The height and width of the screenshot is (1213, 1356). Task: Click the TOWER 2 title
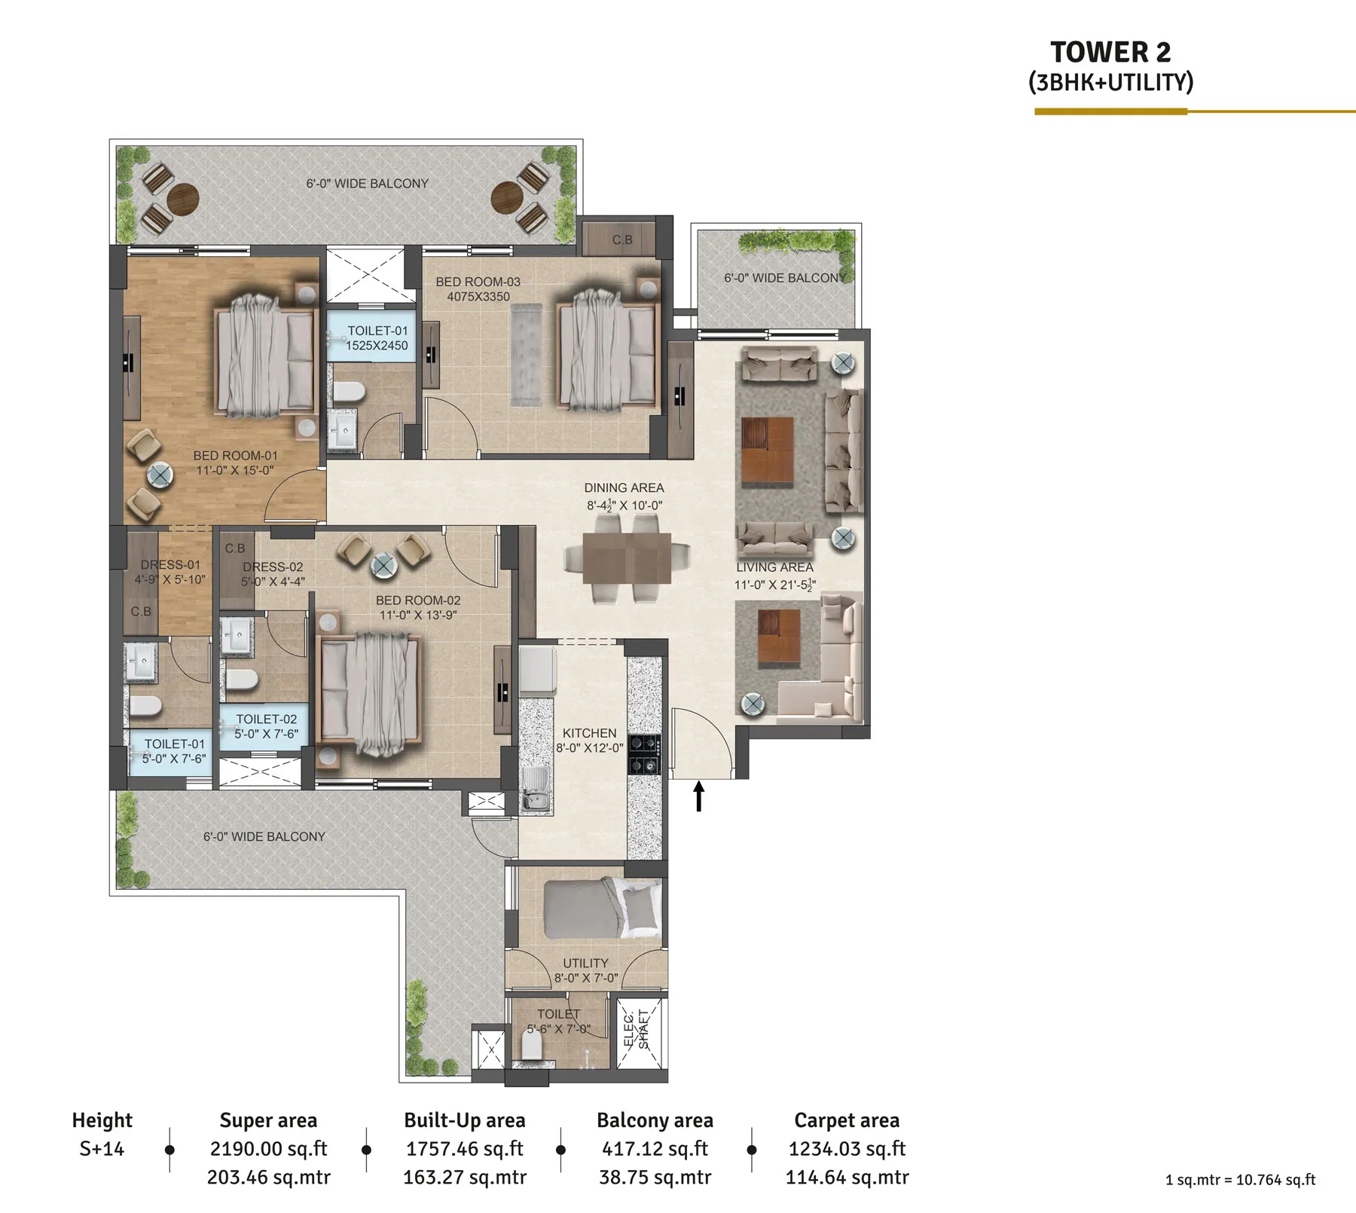[1110, 52]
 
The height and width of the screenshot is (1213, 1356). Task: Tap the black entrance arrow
[699, 796]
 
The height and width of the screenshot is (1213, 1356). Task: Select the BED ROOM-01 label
[235, 456]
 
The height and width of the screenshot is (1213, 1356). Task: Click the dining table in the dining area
[627, 558]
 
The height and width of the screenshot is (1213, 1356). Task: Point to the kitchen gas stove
[645, 754]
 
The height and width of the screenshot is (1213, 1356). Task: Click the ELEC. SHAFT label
[637, 1029]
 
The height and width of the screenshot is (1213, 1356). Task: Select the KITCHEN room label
[589, 733]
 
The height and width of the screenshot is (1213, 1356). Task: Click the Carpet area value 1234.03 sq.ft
[847, 1149]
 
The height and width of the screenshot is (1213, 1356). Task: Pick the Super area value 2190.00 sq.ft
[268, 1149]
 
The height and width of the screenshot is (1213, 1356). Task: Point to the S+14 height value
[102, 1149]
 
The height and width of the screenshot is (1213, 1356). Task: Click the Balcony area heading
[655, 1120]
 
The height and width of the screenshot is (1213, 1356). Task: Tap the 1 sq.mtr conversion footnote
[1240, 1180]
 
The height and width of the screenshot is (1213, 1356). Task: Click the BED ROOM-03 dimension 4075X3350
[478, 297]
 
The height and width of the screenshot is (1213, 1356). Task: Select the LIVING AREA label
[774, 567]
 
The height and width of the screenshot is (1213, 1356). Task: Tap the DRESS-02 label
[273, 567]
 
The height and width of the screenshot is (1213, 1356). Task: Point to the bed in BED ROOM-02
[369, 693]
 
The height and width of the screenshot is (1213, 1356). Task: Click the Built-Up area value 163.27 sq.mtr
[465, 1178]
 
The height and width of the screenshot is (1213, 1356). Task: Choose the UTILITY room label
[585, 963]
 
